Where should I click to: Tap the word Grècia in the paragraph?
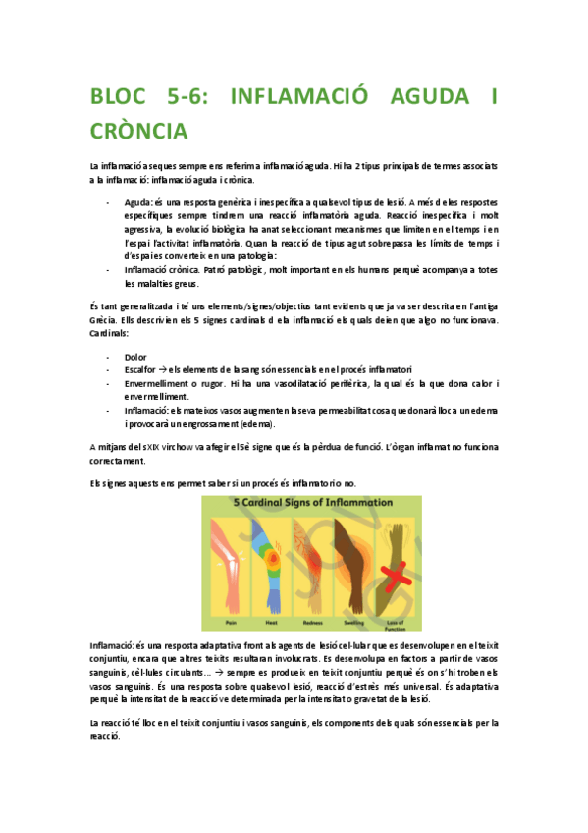(x=103, y=321)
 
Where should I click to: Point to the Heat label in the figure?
(x=272, y=621)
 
